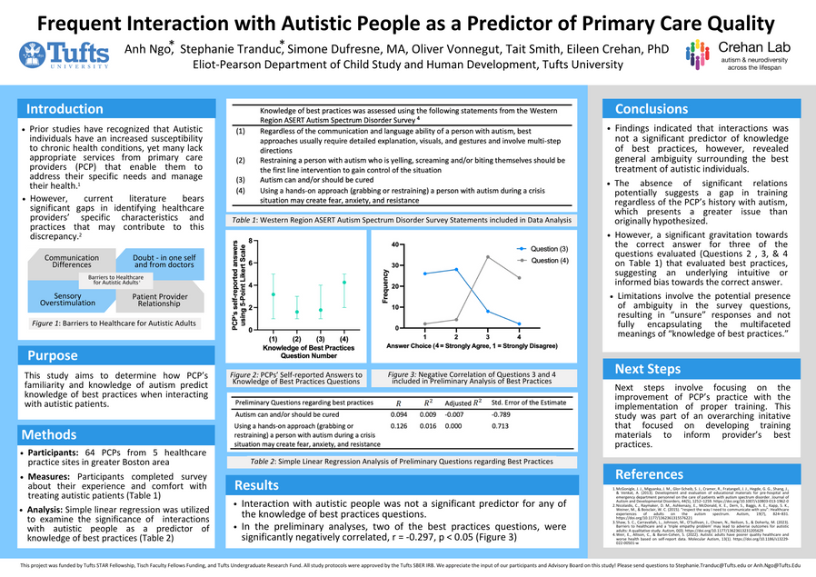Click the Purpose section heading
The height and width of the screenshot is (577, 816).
click(x=53, y=355)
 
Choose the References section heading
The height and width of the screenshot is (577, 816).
click(x=649, y=474)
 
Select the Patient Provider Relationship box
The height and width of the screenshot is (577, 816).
click(x=160, y=300)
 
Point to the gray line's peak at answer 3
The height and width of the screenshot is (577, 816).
click(x=488, y=257)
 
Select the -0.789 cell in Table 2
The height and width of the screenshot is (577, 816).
click(x=503, y=413)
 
